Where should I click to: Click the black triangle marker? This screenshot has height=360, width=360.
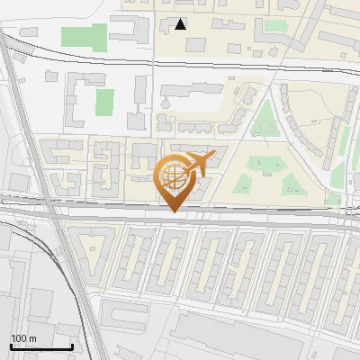(x=181, y=24)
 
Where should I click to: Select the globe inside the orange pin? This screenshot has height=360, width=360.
(x=174, y=176)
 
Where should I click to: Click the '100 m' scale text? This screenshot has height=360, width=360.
(x=23, y=338)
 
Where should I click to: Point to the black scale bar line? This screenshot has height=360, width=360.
(x=41, y=347)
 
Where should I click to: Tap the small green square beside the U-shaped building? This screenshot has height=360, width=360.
(x=105, y=102)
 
